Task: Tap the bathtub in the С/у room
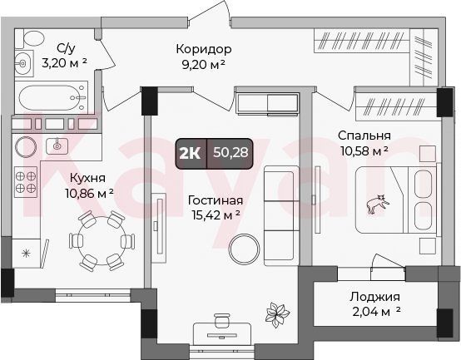52,97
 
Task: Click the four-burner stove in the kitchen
26,182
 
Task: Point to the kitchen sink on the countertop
57,146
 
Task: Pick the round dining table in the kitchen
102,240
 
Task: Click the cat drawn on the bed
378,203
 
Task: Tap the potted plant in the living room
277,315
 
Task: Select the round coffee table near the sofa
244,249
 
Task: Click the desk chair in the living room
222,320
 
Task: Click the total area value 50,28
230,152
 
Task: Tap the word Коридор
204,49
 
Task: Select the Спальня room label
364,136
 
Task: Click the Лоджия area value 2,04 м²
376,311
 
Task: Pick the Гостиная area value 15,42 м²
216,215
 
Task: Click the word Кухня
87,178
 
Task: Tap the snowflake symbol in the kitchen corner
26,253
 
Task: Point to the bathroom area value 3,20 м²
64,63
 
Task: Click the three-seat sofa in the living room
281,215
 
